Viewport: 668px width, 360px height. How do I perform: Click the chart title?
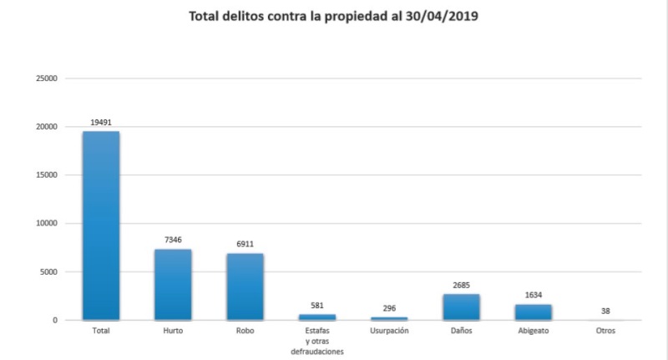pyautogui.click(x=333, y=15)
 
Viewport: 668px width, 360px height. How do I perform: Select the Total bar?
pyautogui.click(x=101, y=226)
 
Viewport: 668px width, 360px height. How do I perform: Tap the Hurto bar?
pyautogui.click(x=173, y=284)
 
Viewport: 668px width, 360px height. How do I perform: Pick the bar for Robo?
pyautogui.click(x=245, y=286)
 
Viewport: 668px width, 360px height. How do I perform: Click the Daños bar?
pyautogui.click(x=461, y=307)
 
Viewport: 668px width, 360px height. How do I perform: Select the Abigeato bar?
pyautogui.click(x=533, y=312)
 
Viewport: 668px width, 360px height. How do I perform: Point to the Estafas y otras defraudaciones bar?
pyautogui.click(x=317, y=317)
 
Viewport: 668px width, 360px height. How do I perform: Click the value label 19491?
pyautogui.click(x=101, y=122)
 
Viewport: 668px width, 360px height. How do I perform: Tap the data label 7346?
pyautogui.click(x=173, y=240)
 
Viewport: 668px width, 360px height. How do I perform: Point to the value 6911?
pyautogui.click(x=245, y=244)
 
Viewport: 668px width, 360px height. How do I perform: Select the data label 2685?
pyautogui.click(x=461, y=285)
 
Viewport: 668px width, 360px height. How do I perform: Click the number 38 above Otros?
pyautogui.click(x=605, y=311)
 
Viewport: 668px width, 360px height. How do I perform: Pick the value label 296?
pyautogui.click(x=389, y=308)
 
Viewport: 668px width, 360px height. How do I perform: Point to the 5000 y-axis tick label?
pyautogui.click(x=48, y=271)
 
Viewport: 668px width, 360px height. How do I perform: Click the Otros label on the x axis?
pyautogui.click(x=605, y=332)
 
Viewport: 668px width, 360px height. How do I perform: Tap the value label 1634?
pyautogui.click(x=533, y=295)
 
